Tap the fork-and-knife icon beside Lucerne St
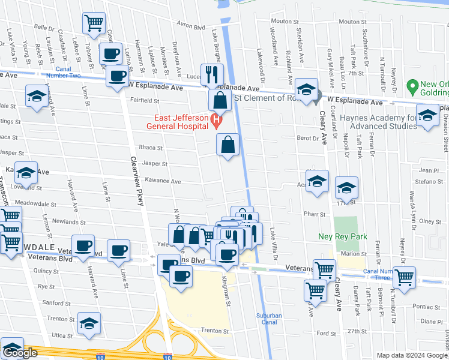click(211, 74)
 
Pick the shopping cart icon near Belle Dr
click(94, 23)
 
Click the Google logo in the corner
click(20, 353)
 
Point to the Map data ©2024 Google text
click(412, 356)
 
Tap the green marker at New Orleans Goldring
click(412, 86)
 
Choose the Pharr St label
click(318, 214)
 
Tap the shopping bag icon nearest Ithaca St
click(228, 144)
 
